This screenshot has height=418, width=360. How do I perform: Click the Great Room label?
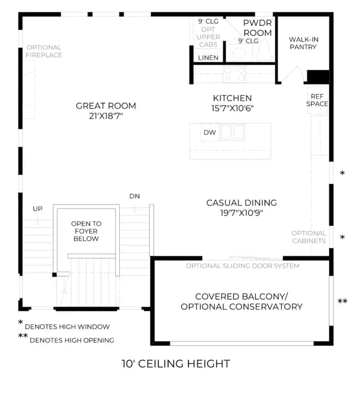click(x=106, y=106)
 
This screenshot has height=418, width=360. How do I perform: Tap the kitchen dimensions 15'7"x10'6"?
click(x=232, y=109)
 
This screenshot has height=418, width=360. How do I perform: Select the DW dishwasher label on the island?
click(x=210, y=132)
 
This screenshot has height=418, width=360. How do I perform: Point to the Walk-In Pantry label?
click(x=304, y=43)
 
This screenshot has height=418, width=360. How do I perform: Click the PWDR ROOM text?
click(x=258, y=28)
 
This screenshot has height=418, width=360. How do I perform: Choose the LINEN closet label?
click(x=208, y=57)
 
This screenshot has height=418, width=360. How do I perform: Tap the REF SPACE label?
click(x=317, y=100)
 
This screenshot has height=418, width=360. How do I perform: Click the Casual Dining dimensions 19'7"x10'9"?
click(x=241, y=213)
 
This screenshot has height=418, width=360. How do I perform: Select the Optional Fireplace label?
click(x=44, y=51)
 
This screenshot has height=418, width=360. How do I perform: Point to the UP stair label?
click(x=38, y=209)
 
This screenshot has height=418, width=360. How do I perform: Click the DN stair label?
click(x=134, y=196)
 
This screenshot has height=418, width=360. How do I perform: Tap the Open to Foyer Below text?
click(x=86, y=231)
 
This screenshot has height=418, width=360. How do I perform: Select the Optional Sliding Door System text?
click(x=242, y=266)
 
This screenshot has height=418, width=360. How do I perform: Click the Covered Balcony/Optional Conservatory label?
click(x=241, y=302)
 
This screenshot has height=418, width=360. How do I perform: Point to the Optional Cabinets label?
click(x=309, y=237)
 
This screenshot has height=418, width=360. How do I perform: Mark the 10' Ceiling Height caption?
click(x=176, y=363)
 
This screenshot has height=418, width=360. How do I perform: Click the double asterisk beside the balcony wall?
click(x=343, y=302)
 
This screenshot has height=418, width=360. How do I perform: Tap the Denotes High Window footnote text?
click(x=67, y=327)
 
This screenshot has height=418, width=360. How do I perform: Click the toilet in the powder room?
click(x=264, y=51)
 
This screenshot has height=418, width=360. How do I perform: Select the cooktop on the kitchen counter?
click(x=235, y=74)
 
